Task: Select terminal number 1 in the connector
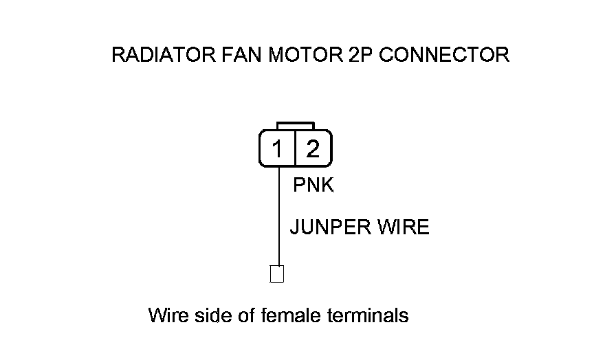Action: [277, 149]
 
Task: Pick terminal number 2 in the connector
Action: [313, 149]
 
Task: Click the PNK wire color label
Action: [313, 185]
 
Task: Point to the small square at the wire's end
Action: [277, 273]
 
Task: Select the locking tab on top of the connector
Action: [295, 126]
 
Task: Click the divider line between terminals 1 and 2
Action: [295, 148]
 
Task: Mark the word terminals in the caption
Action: [367, 316]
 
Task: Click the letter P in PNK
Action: [299, 185]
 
